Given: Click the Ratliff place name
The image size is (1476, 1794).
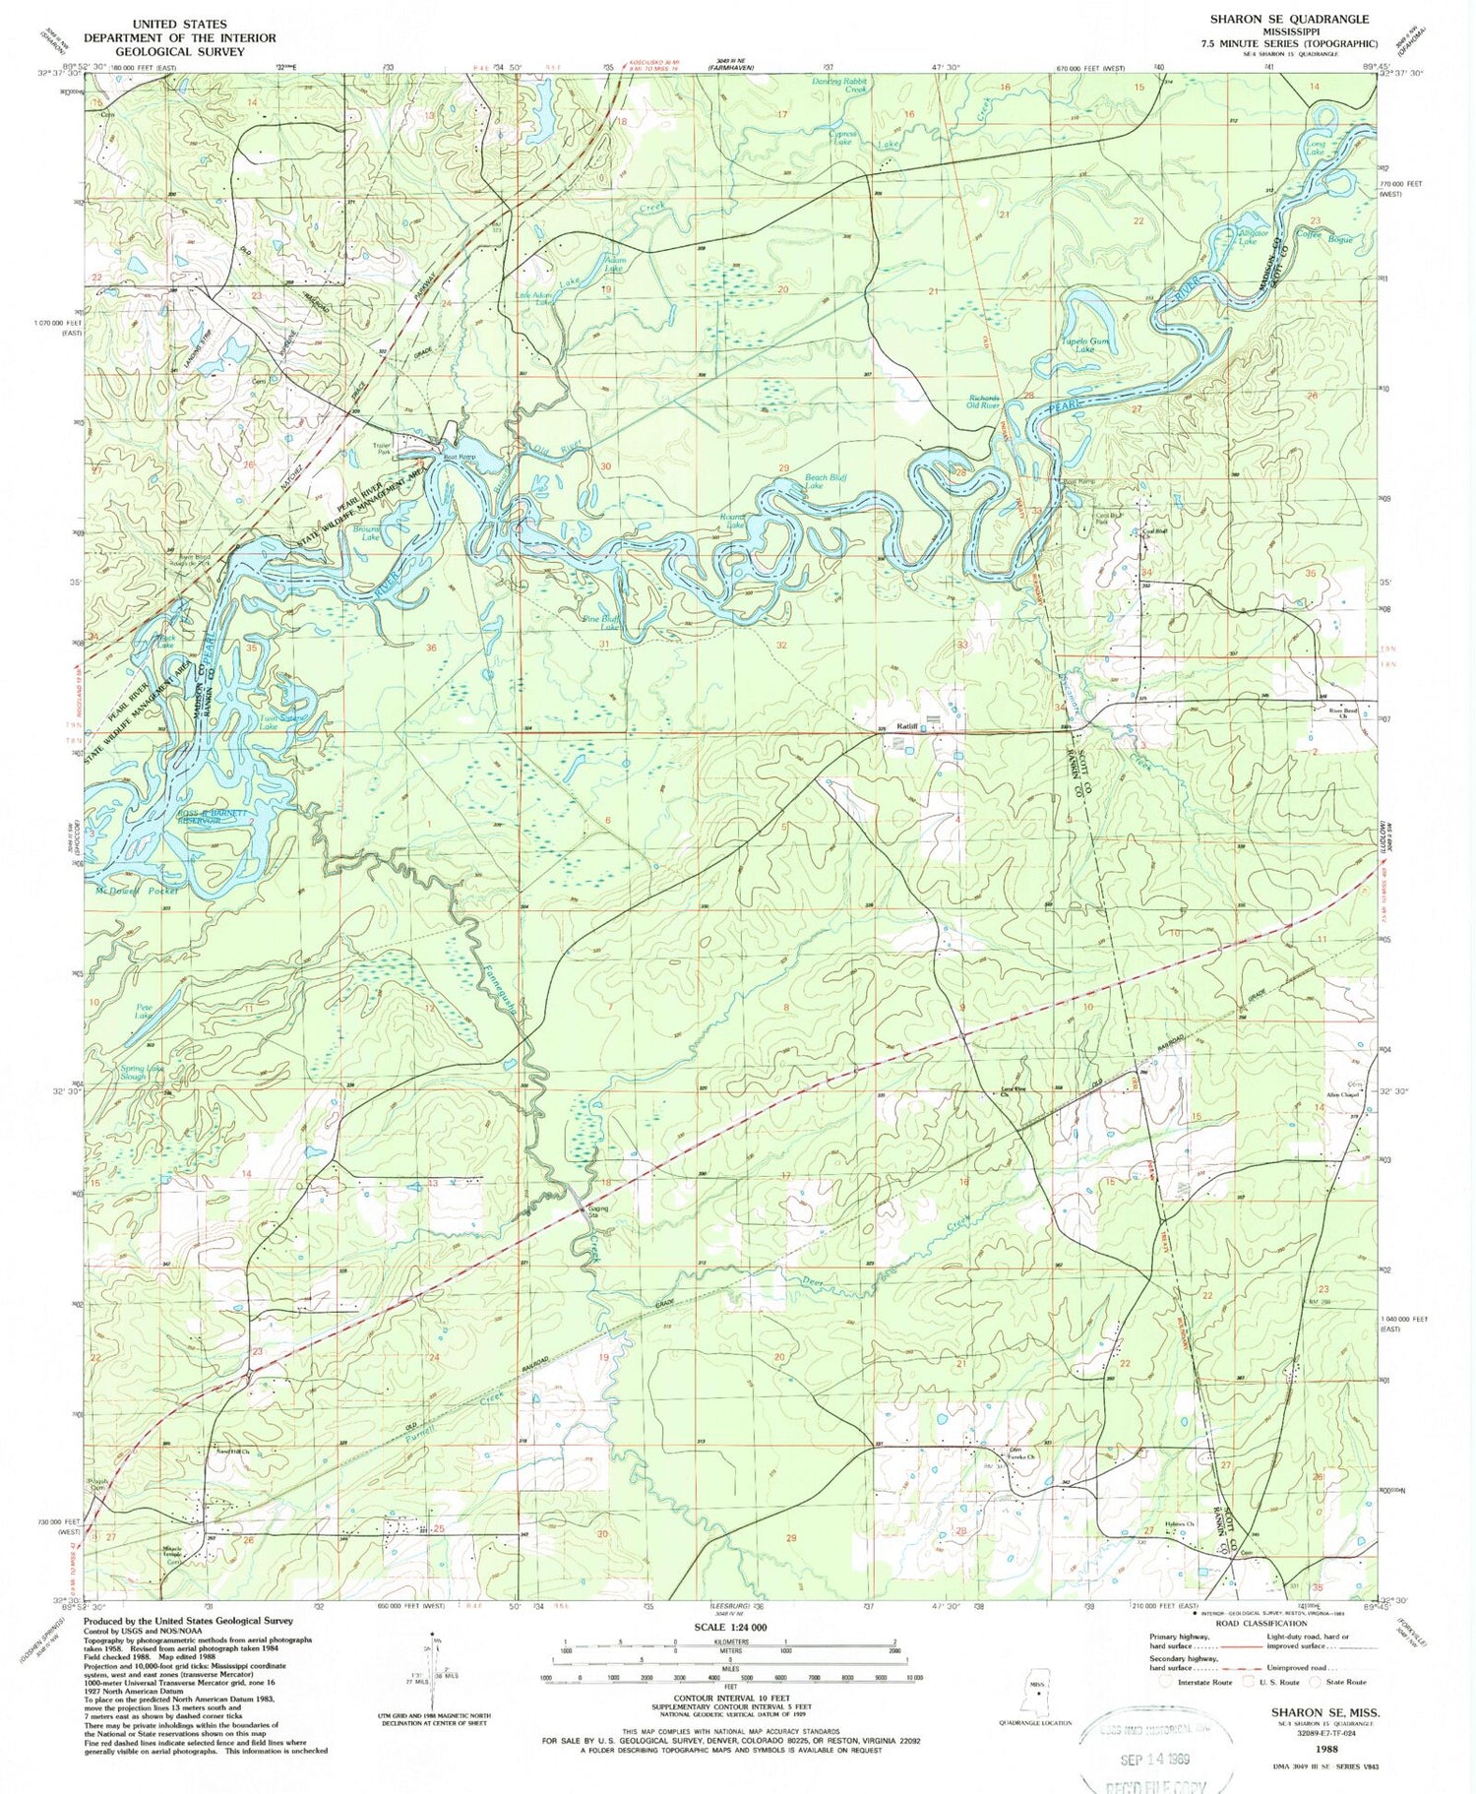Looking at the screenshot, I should tap(906, 726).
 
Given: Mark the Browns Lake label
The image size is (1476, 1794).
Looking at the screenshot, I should tap(366, 534).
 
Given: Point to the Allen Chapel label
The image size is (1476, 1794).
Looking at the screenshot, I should tap(1340, 1094).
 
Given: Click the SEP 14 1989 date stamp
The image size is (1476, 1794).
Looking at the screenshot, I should tap(1157, 1760).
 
